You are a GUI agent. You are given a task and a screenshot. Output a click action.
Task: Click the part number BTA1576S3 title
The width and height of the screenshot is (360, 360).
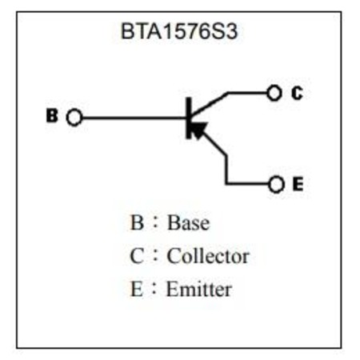179,31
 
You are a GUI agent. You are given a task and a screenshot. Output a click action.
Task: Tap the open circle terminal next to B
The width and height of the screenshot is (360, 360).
74,118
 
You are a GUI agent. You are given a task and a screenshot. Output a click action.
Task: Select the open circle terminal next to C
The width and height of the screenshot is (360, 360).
274,93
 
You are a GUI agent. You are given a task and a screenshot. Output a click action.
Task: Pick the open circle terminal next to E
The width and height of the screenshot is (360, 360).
276,184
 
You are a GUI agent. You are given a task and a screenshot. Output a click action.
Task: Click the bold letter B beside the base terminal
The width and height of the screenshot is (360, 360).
52,115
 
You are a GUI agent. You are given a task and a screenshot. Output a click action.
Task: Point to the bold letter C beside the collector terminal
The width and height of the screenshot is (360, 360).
297,93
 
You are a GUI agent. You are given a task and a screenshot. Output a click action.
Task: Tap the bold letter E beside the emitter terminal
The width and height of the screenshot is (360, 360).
298,184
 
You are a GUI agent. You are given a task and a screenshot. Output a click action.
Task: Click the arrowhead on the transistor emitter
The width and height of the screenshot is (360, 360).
198,130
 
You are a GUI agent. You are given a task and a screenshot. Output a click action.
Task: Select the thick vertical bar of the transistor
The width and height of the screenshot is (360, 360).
189,118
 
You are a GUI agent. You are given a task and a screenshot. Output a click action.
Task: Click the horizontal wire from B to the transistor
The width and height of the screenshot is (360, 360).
134,118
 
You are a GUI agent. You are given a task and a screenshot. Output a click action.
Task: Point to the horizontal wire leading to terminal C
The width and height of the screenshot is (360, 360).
247,93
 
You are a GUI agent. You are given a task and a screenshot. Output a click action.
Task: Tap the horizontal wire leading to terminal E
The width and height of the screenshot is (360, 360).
247,184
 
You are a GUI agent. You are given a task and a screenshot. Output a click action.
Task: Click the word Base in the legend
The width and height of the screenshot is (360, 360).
188,223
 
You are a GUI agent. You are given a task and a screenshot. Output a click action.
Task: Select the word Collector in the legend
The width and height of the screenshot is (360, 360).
208,256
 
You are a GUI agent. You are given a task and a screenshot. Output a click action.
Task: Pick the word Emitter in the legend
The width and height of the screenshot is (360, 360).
199,289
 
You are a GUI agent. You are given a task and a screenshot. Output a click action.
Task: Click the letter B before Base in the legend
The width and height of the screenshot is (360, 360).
137,222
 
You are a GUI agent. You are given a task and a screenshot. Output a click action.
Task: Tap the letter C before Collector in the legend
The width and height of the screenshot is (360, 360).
137,256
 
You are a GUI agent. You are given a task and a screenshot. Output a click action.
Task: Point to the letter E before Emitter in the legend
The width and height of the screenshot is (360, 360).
137,289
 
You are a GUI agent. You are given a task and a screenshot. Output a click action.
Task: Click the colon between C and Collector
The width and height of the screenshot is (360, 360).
155,256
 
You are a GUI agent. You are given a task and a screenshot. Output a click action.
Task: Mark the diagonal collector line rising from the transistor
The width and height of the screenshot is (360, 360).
210,104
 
